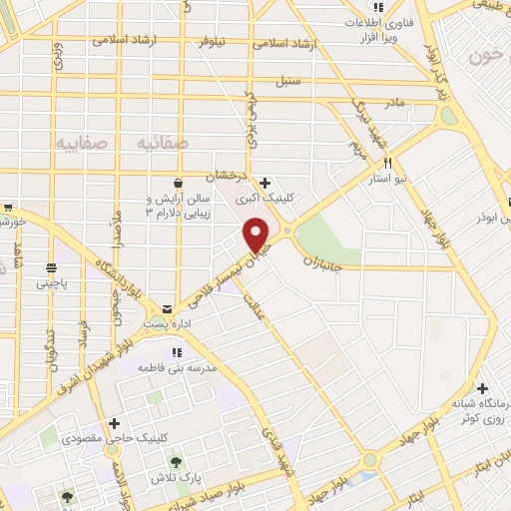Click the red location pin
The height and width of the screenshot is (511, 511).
pos(257,234)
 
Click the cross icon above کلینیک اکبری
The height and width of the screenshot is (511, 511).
pos(264,183)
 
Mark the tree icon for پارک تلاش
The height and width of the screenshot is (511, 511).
pos(177,463)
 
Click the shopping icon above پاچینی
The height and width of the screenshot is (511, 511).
pos(51,266)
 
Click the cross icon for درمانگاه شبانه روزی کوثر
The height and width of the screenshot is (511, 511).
pos(483,387)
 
